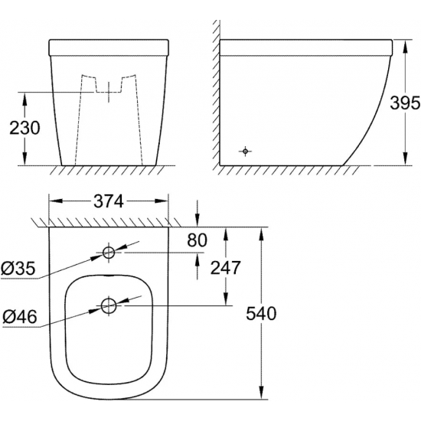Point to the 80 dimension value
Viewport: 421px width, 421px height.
(x=197, y=241)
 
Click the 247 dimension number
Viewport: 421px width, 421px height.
(x=226, y=268)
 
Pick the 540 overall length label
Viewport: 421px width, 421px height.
(x=261, y=314)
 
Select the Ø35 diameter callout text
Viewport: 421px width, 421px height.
(x=18, y=269)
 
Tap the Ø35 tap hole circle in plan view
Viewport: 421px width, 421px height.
(x=109, y=252)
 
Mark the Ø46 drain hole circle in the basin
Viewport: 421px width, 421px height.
(x=109, y=306)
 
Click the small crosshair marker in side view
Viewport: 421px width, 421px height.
(x=244, y=151)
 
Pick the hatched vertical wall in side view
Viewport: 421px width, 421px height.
(x=215, y=92)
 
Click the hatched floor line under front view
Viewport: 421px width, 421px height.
(x=107, y=169)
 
